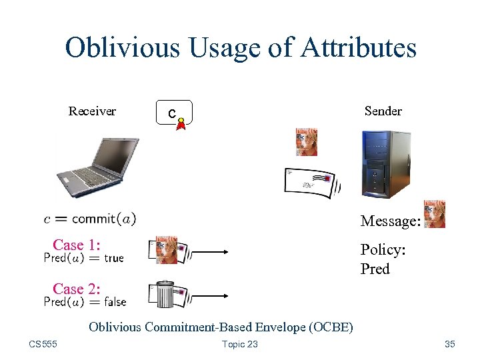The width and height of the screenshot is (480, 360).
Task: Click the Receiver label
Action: (92, 111)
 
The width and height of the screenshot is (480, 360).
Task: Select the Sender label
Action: (383, 111)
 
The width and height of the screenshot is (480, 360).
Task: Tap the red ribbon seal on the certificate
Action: (181, 124)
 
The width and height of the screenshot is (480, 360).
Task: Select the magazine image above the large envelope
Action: (306, 142)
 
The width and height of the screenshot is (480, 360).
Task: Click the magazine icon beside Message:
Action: (434, 214)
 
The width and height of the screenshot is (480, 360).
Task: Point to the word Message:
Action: (390, 221)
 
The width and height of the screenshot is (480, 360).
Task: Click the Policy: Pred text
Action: (383, 259)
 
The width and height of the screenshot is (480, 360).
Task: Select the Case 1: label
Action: (77, 245)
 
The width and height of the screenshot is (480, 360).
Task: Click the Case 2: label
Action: (77, 289)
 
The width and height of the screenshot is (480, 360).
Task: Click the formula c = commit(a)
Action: (90, 218)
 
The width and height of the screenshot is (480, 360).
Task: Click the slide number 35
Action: (449, 344)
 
